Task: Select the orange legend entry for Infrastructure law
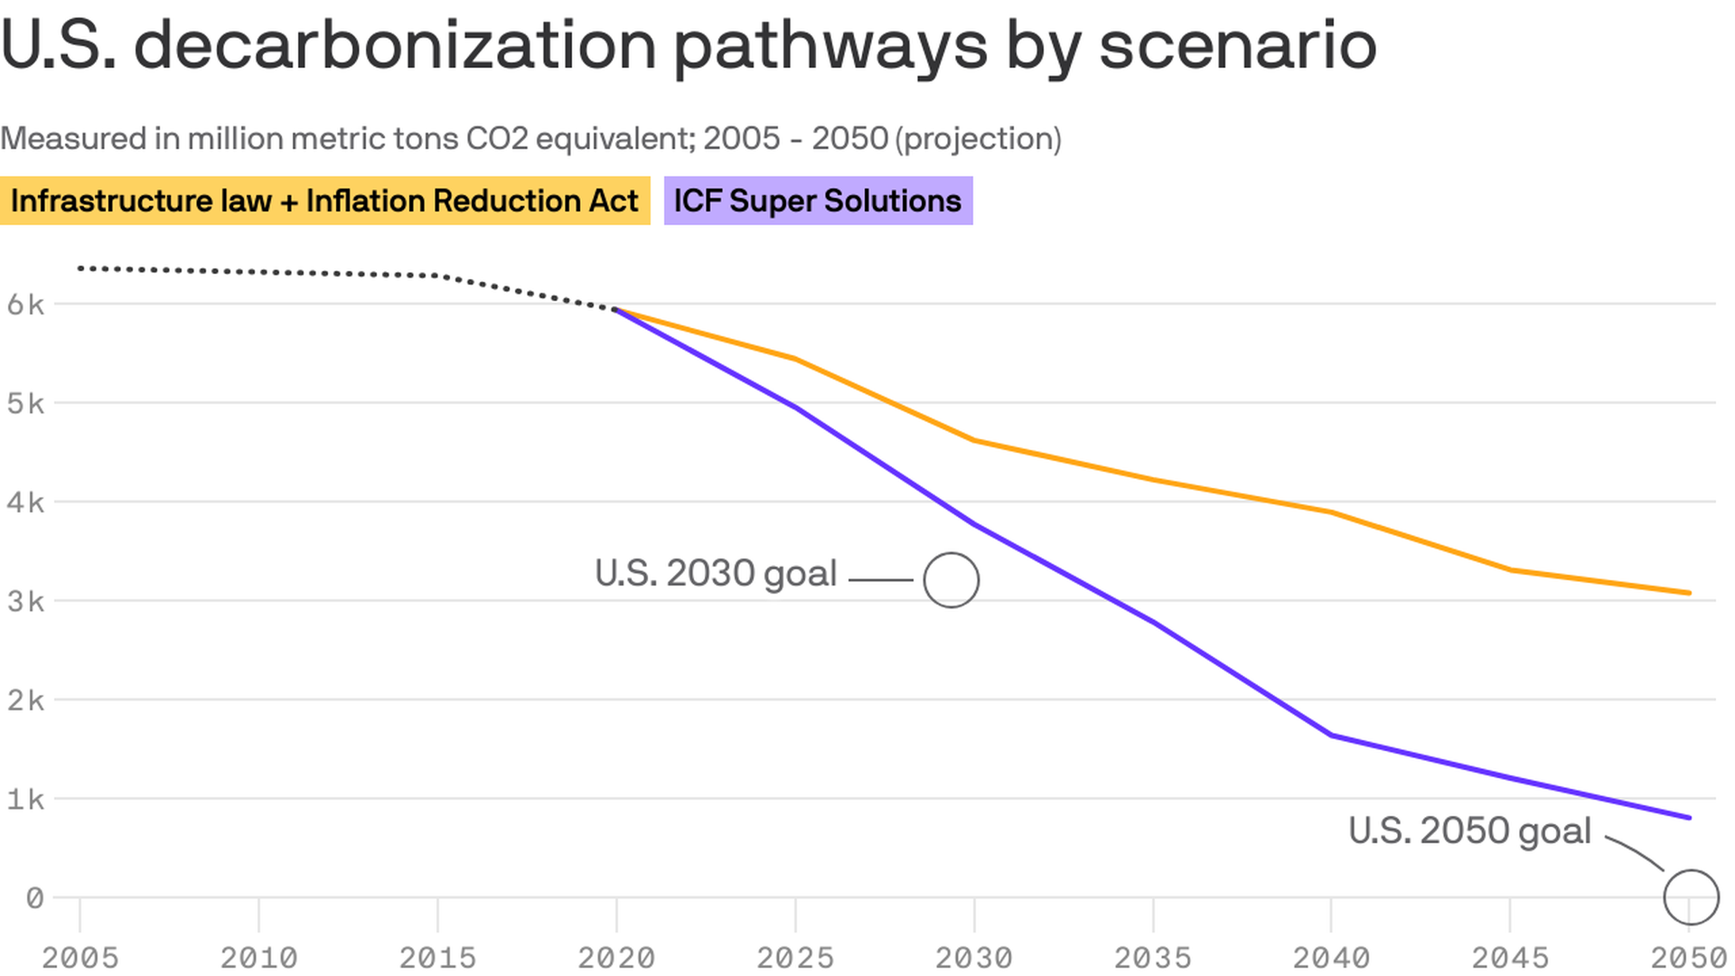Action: point(324,201)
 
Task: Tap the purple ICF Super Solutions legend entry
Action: point(818,201)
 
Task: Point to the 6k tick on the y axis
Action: point(25,305)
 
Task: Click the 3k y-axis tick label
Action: point(25,601)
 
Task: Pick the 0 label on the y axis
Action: point(34,898)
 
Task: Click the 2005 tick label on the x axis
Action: point(80,957)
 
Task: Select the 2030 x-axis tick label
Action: point(973,957)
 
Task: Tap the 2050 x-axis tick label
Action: point(1688,957)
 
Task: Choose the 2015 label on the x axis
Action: point(437,957)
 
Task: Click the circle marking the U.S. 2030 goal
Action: point(951,580)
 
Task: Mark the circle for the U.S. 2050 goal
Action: point(1690,897)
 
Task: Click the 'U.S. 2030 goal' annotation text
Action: point(716,574)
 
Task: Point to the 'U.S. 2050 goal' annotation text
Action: point(1469,831)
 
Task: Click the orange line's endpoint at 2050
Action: point(1689,593)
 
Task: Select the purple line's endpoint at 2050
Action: point(1689,818)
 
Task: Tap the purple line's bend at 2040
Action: point(1332,736)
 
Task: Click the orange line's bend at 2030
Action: point(974,440)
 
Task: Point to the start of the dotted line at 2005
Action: point(80,268)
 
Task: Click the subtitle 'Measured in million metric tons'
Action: point(530,139)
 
